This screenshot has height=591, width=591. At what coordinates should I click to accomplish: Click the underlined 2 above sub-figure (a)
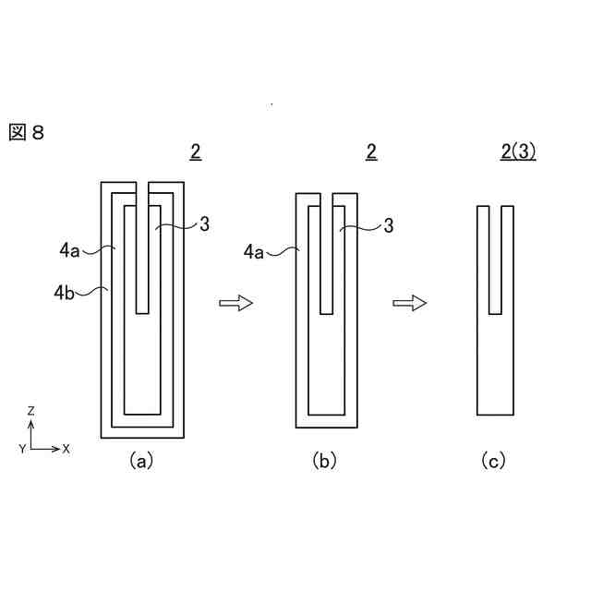click(x=195, y=153)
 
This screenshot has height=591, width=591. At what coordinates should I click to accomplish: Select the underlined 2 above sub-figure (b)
click(x=371, y=153)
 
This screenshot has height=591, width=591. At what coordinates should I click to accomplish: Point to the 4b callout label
click(x=65, y=294)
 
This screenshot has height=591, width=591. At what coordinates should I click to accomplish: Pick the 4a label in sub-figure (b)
click(x=255, y=250)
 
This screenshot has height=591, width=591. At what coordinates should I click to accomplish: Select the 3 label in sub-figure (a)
click(x=204, y=223)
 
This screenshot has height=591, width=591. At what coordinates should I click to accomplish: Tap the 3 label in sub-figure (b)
click(x=389, y=225)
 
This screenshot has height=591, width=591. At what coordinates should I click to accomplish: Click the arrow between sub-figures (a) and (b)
click(x=235, y=303)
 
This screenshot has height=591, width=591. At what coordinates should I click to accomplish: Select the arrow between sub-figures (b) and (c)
click(x=409, y=303)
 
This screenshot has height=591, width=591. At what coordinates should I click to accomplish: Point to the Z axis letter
click(x=31, y=410)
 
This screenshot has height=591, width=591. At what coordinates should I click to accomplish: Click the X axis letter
click(x=66, y=449)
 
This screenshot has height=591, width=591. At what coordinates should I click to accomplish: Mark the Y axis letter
click(x=21, y=448)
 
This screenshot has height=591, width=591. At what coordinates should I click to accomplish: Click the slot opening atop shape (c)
click(x=494, y=209)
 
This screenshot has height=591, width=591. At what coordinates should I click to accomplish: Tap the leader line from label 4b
click(x=92, y=292)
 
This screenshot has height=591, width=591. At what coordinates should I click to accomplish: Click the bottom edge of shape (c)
click(x=494, y=416)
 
